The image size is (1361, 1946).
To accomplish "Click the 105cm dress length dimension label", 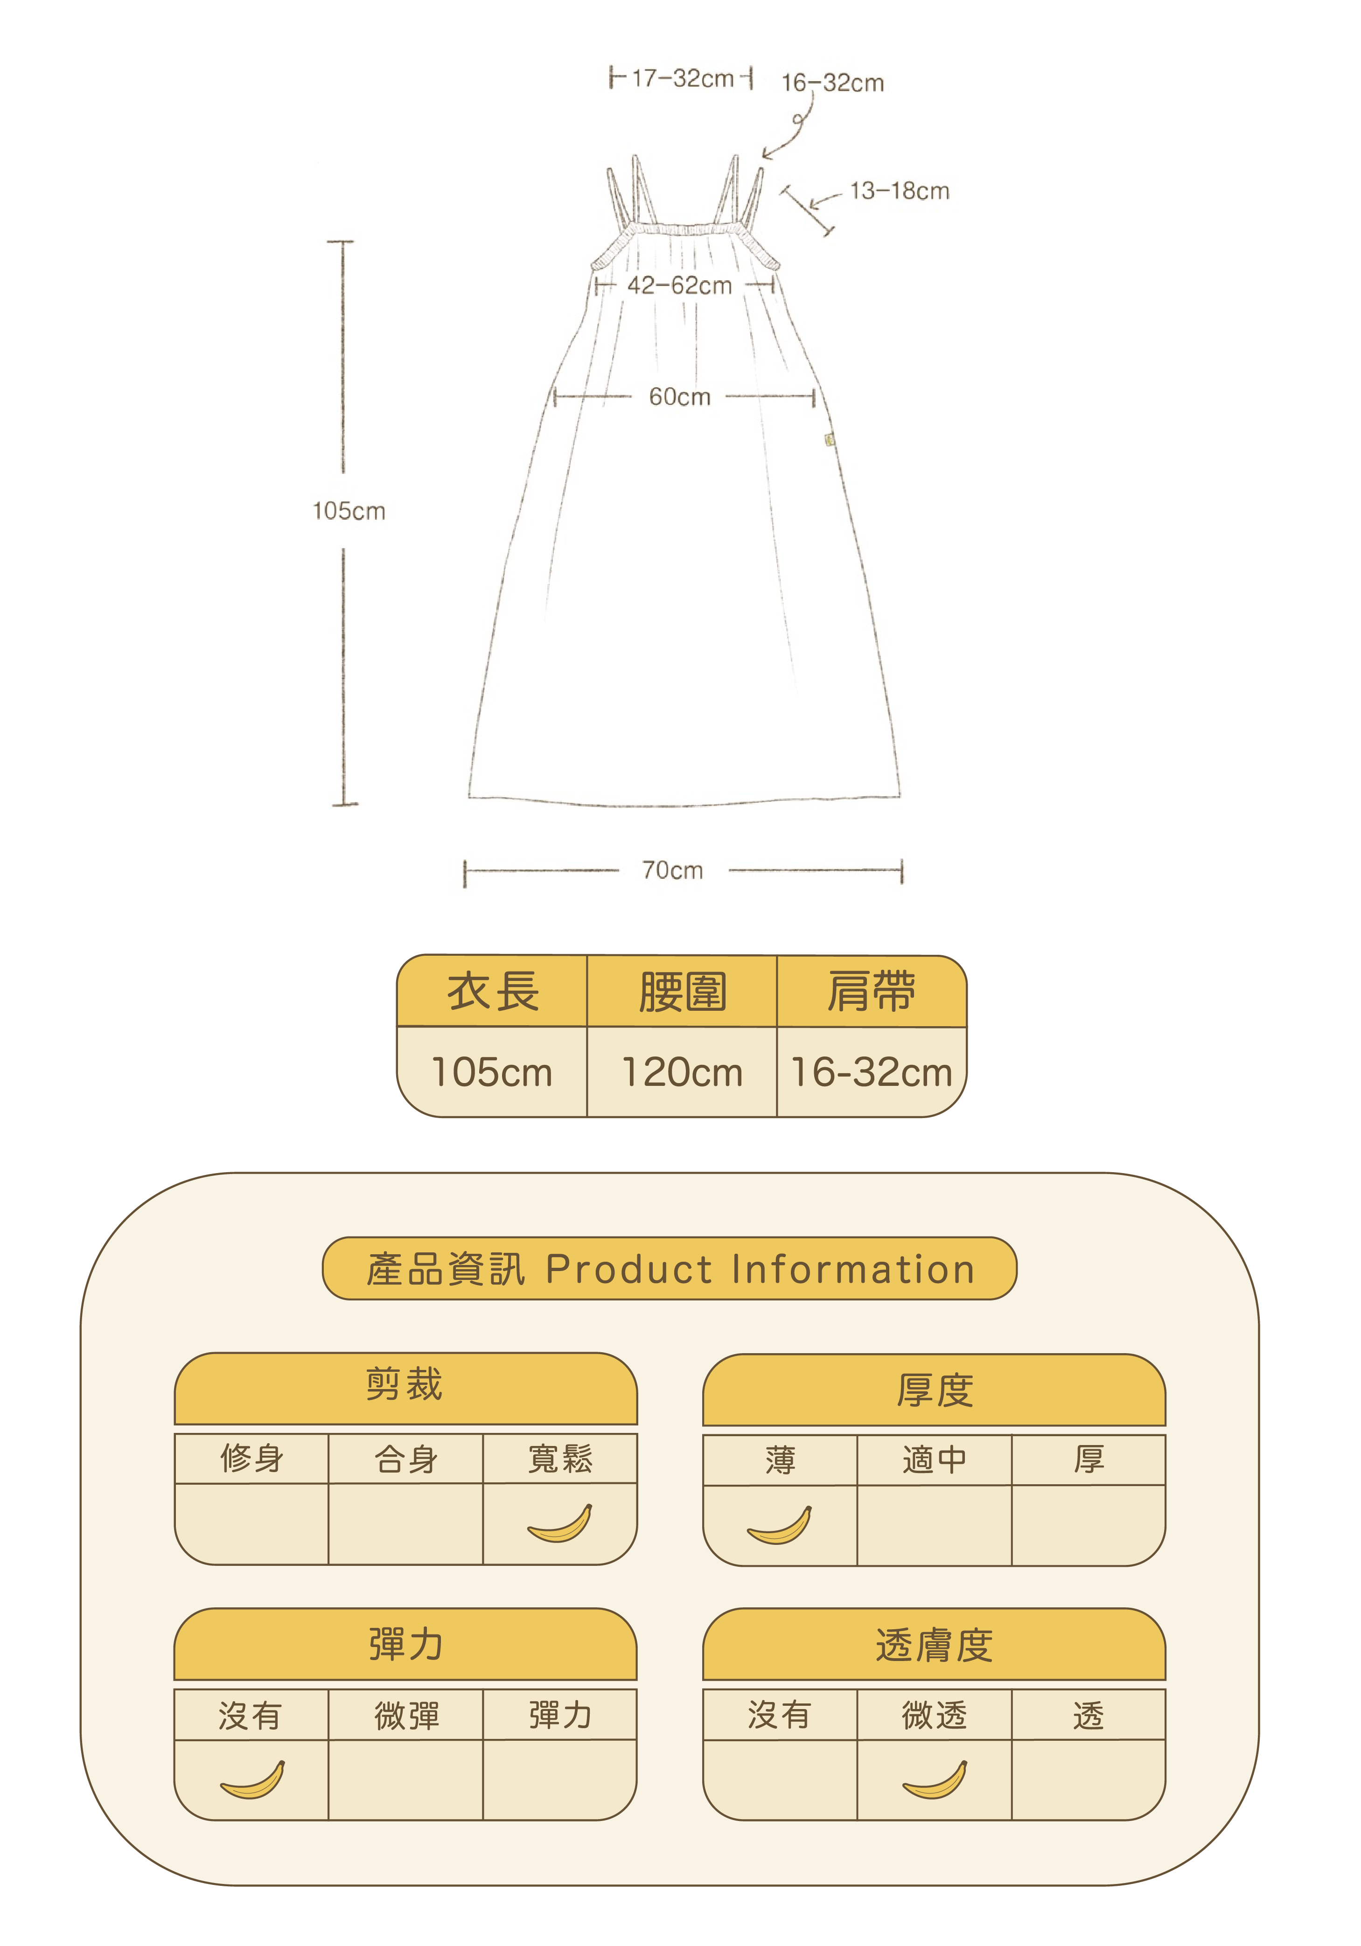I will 349,511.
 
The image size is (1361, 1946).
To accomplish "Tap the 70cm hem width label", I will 672,870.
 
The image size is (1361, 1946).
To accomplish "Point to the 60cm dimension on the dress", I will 679,396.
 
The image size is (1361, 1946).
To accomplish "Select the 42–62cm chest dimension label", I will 679,285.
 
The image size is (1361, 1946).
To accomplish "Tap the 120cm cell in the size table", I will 682,1072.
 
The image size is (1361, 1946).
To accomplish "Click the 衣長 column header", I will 493,992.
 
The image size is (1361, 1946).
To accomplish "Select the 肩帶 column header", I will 871,992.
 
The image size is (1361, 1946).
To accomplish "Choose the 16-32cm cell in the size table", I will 871,1072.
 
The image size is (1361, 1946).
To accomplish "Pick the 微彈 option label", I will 406,1716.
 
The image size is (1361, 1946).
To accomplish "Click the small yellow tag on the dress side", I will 829,439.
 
